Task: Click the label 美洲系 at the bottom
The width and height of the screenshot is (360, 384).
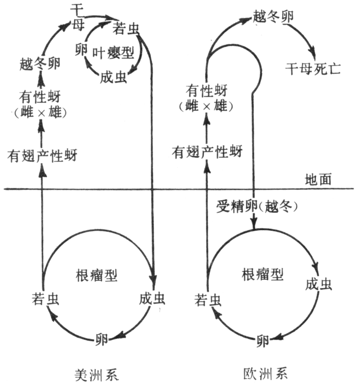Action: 96,374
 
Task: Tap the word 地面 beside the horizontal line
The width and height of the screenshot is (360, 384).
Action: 318,180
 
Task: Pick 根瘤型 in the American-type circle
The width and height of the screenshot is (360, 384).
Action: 96,275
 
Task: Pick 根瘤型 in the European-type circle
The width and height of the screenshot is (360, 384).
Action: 262,275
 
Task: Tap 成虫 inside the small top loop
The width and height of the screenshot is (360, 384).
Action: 112,77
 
